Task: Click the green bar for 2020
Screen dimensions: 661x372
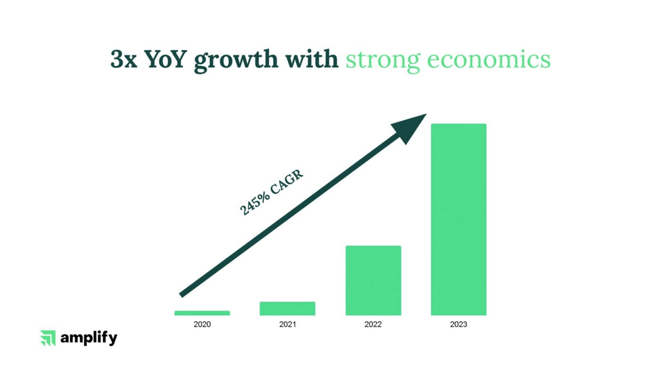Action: (x=202, y=313)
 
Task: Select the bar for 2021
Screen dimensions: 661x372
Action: (x=287, y=309)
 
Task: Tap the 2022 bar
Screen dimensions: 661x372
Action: (x=373, y=280)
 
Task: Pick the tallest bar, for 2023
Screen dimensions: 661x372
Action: (x=459, y=219)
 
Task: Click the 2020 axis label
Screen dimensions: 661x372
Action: (x=202, y=324)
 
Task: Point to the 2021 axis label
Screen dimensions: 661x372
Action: (x=287, y=324)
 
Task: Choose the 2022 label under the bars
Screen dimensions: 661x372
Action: (x=373, y=324)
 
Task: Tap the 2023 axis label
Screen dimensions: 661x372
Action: (x=459, y=324)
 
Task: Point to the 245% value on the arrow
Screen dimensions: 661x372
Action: (x=254, y=204)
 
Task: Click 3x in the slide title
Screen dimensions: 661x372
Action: (x=124, y=59)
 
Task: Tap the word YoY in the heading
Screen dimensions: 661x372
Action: (x=166, y=59)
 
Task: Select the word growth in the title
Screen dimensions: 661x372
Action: (x=236, y=61)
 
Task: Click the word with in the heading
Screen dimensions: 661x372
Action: (x=312, y=59)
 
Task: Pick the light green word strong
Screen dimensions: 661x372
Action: (x=383, y=61)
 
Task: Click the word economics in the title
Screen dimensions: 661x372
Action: (x=489, y=60)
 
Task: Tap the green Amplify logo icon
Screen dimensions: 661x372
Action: (x=48, y=338)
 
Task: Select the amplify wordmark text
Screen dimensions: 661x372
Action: (x=89, y=338)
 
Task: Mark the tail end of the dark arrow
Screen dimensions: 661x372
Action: (x=181, y=295)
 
